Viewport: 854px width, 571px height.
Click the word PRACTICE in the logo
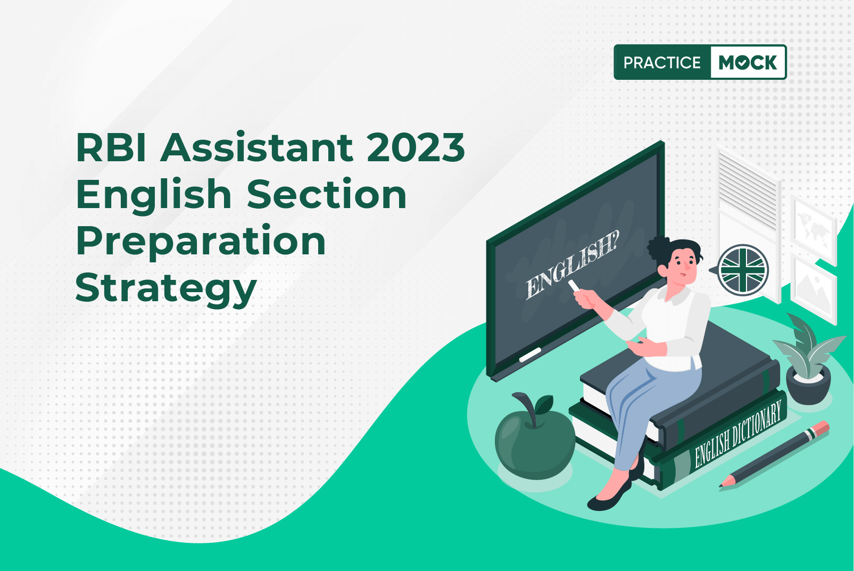coord(662,63)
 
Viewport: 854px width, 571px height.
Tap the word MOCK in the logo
coord(748,63)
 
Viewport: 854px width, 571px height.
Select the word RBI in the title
coord(111,147)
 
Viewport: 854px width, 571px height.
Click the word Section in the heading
coord(327,194)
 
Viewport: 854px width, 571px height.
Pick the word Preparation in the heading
coord(201,241)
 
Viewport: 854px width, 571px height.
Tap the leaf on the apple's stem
coord(544,405)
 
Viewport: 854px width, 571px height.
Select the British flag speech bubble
coord(742,270)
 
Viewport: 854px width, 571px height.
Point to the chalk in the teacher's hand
coord(574,286)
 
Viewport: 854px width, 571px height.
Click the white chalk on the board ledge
coord(530,354)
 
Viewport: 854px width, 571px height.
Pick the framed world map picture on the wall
coord(812,226)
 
